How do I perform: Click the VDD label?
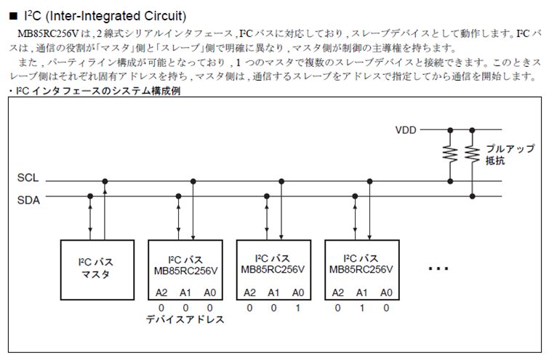[x=406, y=130]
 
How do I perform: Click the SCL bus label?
[x=28, y=178]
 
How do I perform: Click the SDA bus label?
[x=28, y=200]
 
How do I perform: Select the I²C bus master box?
[x=97, y=270]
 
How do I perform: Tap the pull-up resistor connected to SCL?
[x=450, y=154]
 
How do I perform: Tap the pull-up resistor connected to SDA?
[x=472, y=154]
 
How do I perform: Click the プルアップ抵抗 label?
[x=510, y=154]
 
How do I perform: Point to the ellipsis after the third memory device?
[x=438, y=269]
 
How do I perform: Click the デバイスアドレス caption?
[x=185, y=319]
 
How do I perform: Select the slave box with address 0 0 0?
[x=185, y=270]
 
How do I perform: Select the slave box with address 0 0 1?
[x=274, y=270]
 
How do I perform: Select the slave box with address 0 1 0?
[x=362, y=270]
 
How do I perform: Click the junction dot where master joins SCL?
[x=105, y=181]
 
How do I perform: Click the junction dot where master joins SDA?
[x=90, y=196]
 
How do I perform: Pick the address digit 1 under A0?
[x=297, y=308]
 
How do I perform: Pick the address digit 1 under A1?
[x=361, y=308]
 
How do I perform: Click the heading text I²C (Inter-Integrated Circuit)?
[x=105, y=16]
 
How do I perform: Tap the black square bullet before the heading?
[x=13, y=16]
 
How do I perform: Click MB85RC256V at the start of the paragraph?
[x=48, y=33]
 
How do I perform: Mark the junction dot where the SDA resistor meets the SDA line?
[x=472, y=196]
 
